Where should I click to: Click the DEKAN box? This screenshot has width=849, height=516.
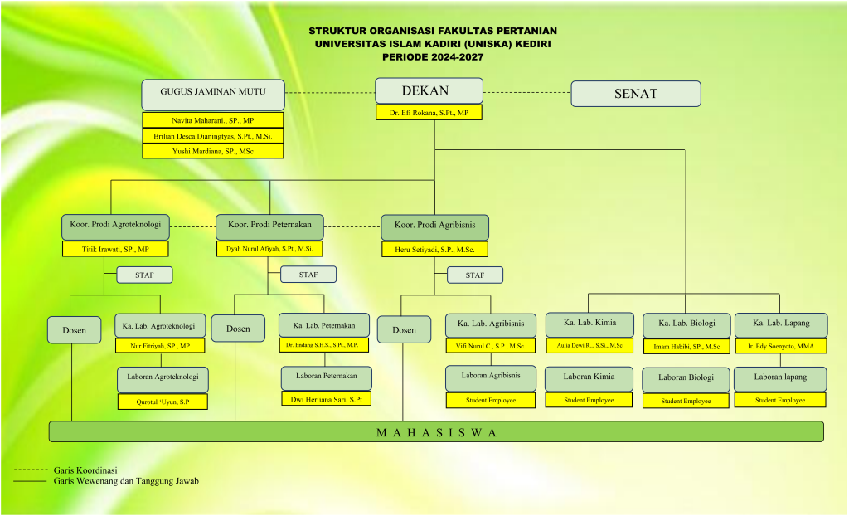428,91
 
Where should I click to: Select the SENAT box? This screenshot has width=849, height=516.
635,94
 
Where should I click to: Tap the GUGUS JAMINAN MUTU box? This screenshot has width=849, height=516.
213,92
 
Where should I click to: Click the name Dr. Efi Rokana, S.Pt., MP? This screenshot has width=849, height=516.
429,113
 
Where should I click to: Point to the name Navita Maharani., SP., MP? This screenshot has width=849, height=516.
213,120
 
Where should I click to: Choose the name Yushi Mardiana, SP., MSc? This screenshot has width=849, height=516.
213,151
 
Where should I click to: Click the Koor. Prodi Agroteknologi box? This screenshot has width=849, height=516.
115,226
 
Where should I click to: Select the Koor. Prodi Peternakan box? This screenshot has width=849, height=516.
269,226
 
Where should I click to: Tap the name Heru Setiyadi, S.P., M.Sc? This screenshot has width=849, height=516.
434,249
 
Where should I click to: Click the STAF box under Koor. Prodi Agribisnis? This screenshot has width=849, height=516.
475,275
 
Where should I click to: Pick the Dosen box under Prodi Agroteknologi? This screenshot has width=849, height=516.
74,329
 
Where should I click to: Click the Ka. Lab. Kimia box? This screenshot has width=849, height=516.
589,323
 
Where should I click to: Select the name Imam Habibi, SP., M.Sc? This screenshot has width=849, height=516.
686,346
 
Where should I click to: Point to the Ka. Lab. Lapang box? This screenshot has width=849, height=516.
780,323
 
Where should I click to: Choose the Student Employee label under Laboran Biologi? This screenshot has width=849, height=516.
686,401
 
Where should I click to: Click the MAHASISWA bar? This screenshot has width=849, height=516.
436,431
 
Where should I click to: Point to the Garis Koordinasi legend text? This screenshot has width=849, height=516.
85,470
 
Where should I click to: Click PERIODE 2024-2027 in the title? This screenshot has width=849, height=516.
432,57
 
